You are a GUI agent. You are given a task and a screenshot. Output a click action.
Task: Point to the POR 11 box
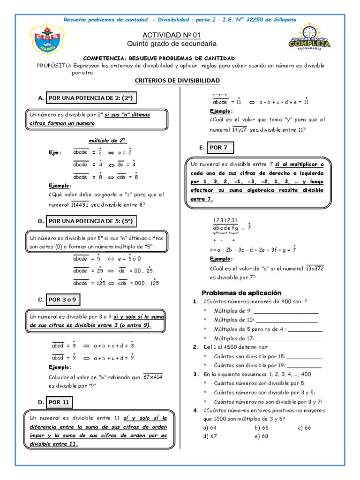pyautogui.click(x=59, y=402)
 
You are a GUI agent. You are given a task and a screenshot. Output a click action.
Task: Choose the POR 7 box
pyautogui.click(x=218, y=147)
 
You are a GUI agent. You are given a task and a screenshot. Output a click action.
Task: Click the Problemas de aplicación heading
pyautogui.click(x=241, y=292)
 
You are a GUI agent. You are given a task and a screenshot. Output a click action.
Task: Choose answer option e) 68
pyautogui.click(x=261, y=436)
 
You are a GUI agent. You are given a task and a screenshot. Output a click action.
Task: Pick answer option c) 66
pyautogui.click(x=304, y=427)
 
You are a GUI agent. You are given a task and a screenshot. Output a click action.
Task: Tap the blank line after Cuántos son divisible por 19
pyautogui.click(x=304, y=365)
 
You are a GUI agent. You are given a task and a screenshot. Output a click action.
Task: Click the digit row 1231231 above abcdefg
pyautogui.click(x=225, y=221)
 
